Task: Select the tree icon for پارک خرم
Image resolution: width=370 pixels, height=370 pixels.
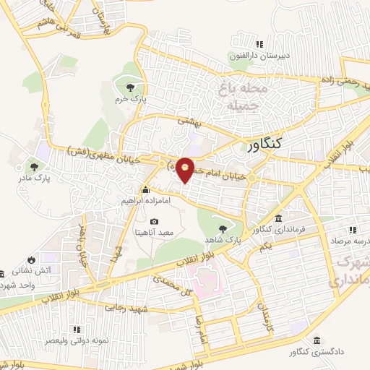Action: tap(129, 87)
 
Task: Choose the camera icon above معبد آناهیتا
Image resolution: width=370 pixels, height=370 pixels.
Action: tap(153, 220)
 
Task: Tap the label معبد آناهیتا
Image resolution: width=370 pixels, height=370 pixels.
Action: tap(153, 232)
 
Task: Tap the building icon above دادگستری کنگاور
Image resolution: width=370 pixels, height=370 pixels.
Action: tap(317, 340)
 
